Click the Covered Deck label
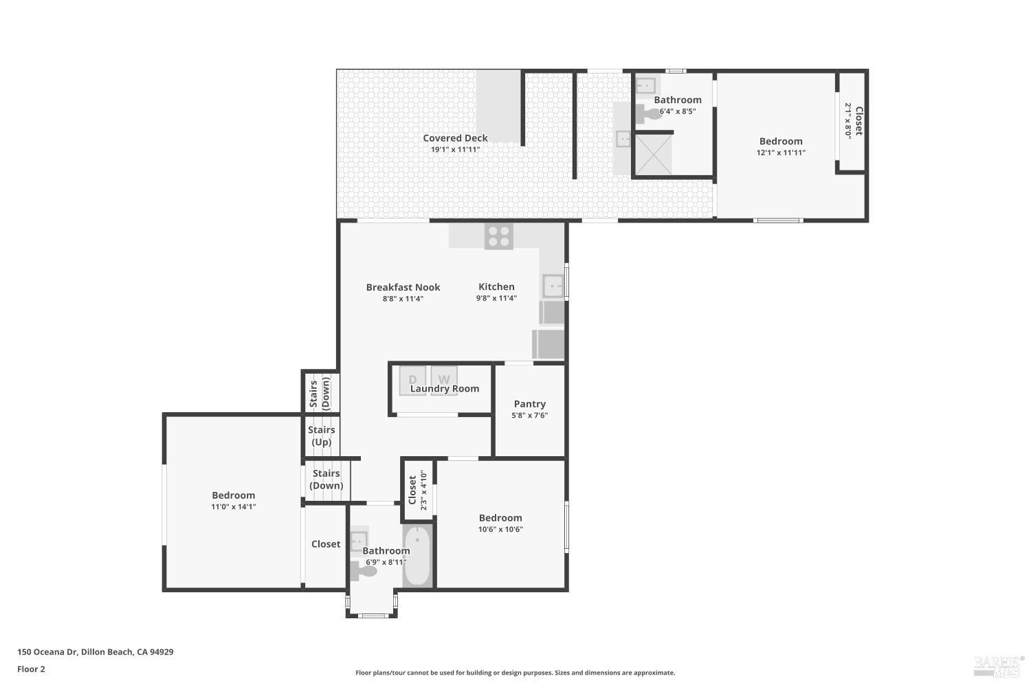455,138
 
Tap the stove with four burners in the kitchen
499,236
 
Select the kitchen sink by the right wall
553,286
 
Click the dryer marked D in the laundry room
413,379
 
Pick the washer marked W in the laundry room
444,379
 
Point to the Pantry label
529,404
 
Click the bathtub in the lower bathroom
417,556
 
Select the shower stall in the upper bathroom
653,155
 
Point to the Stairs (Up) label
321,436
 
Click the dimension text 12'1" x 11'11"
781,153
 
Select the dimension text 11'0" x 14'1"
234,506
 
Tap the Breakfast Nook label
403,287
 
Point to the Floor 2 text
31,668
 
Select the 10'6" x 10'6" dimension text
500,529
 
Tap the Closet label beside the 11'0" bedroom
325,544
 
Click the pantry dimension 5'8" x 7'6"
529,416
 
